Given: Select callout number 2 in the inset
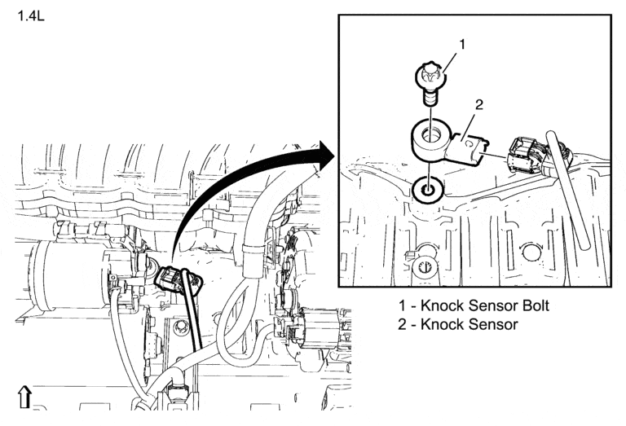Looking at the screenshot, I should tap(478, 103).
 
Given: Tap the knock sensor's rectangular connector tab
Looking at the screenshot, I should tap(468, 147).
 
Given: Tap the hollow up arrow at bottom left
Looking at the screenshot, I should tap(24, 397).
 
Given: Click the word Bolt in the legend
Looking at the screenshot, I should tap(531, 306).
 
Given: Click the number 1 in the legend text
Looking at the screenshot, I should tap(402, 306).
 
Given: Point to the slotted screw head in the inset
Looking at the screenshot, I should tap(424, 268).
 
